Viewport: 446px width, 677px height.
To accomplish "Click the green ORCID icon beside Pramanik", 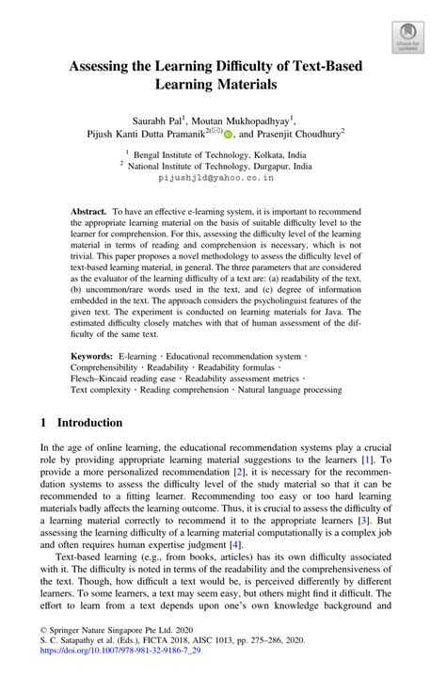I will (228, 135).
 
